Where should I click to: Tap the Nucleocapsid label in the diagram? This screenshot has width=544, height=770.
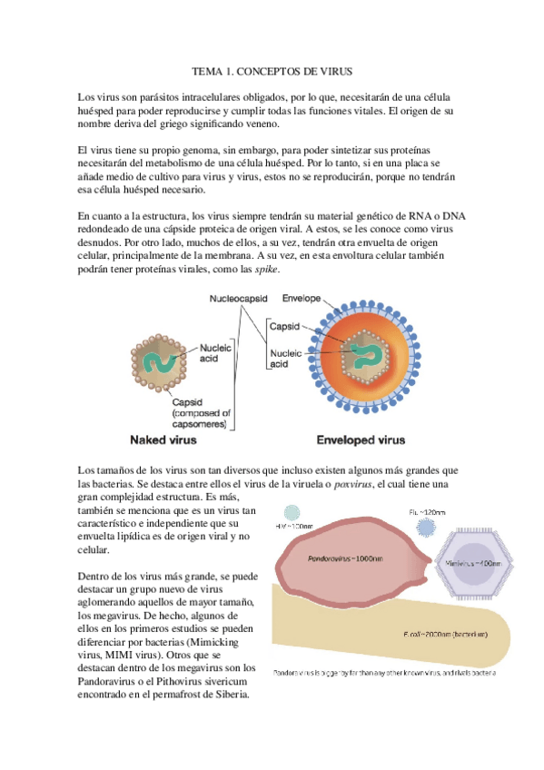(x=240, y=298)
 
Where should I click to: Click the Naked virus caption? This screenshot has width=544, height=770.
(x=171, y=439)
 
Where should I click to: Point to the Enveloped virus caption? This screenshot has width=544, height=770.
(x=361, y=439)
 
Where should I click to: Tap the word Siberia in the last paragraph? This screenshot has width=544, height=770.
(x=226, y=695)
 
